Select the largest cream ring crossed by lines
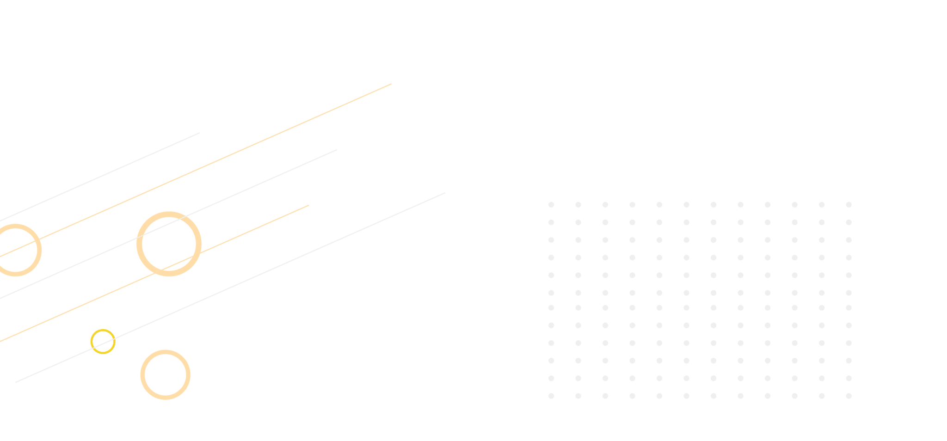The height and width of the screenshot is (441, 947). click(169, 244)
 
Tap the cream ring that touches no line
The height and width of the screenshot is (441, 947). click(166, 375)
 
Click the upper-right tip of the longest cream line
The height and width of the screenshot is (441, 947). click(391, 84)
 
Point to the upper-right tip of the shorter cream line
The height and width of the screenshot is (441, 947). click(308, 205)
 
